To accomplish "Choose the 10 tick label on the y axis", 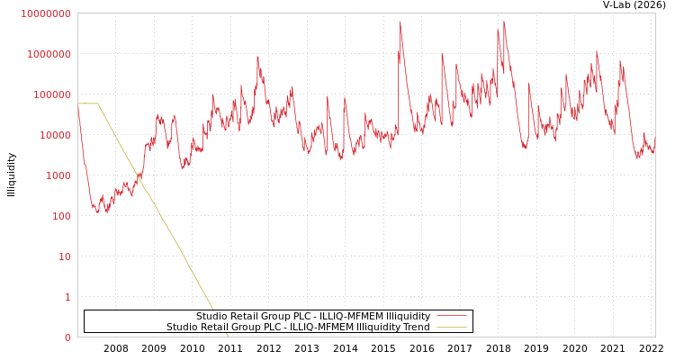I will (x=63, y=256).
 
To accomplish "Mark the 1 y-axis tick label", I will (x=67, y=297).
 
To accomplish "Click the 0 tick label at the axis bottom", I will (x=67, y=337).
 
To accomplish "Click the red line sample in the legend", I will (x=451, y=316).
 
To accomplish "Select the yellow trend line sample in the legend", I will (x=451, y=327).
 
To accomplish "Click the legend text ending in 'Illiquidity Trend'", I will (x=298, y=327).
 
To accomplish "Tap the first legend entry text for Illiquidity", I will (x=313, y=316).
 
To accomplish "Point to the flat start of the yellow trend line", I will (x=87, y=103).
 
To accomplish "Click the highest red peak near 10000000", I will (x=400, y=22).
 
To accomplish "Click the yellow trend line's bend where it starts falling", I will (x=98, y=103).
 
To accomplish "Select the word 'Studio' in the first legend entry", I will (x=211, y=316).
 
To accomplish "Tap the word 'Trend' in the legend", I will (x=417, y=327).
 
